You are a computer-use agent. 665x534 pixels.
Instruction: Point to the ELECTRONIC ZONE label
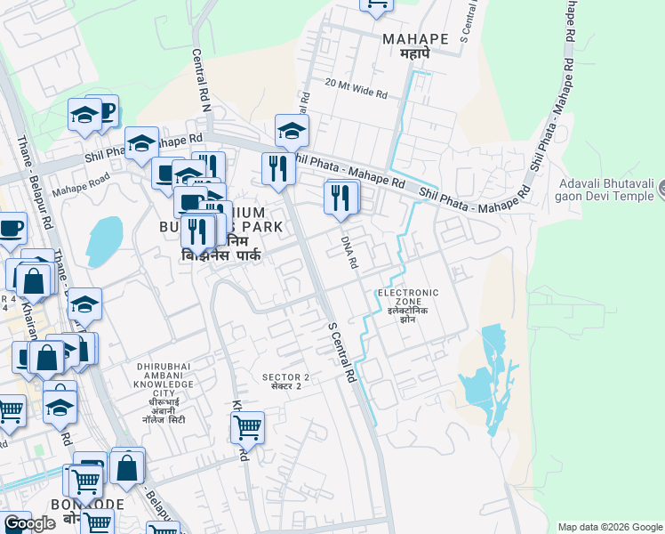click(x=408, y=298)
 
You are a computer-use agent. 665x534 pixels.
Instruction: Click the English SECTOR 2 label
click(x=286, y=377)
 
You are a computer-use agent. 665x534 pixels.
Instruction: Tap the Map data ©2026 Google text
click(x=609, y=527)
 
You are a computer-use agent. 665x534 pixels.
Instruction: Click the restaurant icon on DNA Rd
click(x=341, y=198)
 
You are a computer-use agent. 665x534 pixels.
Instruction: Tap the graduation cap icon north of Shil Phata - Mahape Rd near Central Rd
click(x=291, y=131)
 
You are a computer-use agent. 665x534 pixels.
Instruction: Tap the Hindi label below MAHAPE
click(x=414, y=54)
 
